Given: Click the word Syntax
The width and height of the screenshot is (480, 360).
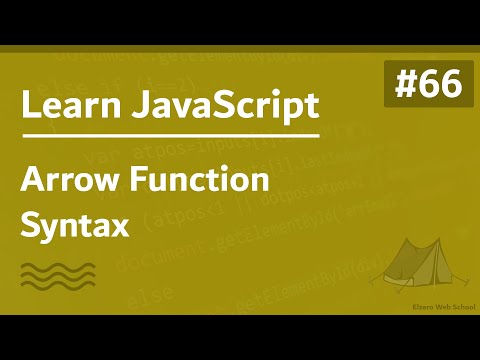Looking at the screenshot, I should click(x=75, y=223).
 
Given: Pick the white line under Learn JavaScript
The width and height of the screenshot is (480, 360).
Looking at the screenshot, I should click(x=170, y=135).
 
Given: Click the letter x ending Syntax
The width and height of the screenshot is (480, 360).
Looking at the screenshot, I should click(x=122, y=225).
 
